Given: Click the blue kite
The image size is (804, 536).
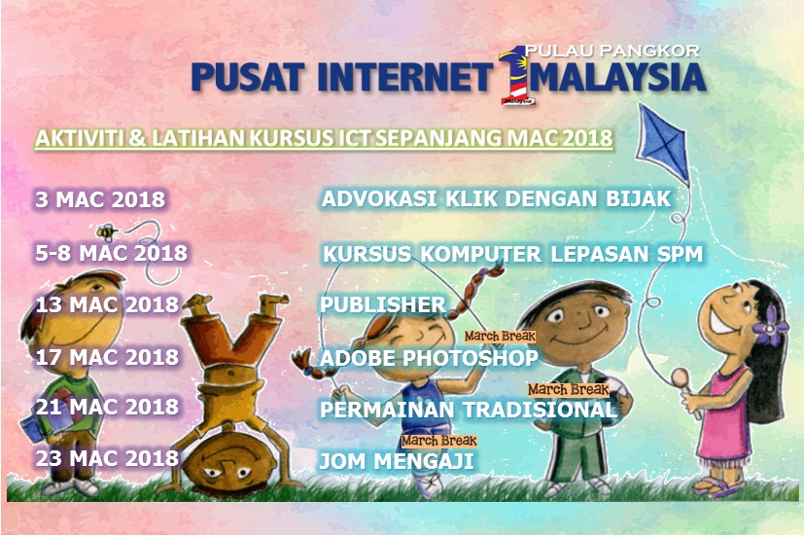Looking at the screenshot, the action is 662,144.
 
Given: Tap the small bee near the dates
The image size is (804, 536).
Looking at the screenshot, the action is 107,232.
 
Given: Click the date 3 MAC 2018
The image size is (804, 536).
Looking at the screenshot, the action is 100,199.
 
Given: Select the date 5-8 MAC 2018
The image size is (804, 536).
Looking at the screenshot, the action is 111,253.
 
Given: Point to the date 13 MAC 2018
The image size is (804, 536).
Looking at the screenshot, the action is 107,304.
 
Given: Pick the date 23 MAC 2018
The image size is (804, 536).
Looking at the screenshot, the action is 107,458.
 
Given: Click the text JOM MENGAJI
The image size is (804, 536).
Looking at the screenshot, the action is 397,460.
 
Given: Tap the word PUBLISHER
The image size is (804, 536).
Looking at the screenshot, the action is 382,304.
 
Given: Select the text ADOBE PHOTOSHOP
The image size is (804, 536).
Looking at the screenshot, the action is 429,358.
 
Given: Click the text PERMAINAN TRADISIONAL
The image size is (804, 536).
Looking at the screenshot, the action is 469,410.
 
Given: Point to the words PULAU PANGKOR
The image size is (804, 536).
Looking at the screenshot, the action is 612,51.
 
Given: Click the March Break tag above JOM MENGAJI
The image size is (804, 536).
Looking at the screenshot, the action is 438,441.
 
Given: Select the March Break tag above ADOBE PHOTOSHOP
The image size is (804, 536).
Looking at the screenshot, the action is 500,337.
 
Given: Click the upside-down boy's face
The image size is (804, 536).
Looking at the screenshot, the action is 229,467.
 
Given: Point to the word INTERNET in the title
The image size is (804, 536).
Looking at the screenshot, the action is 405,77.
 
